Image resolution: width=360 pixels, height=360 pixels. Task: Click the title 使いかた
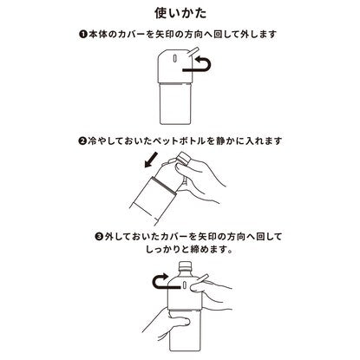point(180,13)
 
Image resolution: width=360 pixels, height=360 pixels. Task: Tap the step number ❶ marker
point(83,35)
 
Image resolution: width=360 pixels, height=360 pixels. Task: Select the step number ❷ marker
point(82,141)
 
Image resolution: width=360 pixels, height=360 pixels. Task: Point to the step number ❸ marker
point(99,237)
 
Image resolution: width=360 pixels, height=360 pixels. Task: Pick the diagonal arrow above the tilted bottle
point(152,160)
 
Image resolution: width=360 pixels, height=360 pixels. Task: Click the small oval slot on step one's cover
point(174,58)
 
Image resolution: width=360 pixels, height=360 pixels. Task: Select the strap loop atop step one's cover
point(193,52)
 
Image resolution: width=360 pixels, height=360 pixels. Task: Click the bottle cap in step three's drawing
point(185,265)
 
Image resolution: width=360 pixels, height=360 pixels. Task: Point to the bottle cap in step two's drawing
point(183,158)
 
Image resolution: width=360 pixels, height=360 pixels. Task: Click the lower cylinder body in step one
point(176,103)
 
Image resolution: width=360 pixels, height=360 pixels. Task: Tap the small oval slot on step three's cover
point(184,285)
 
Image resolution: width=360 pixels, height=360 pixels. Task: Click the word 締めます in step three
point(211,249)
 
